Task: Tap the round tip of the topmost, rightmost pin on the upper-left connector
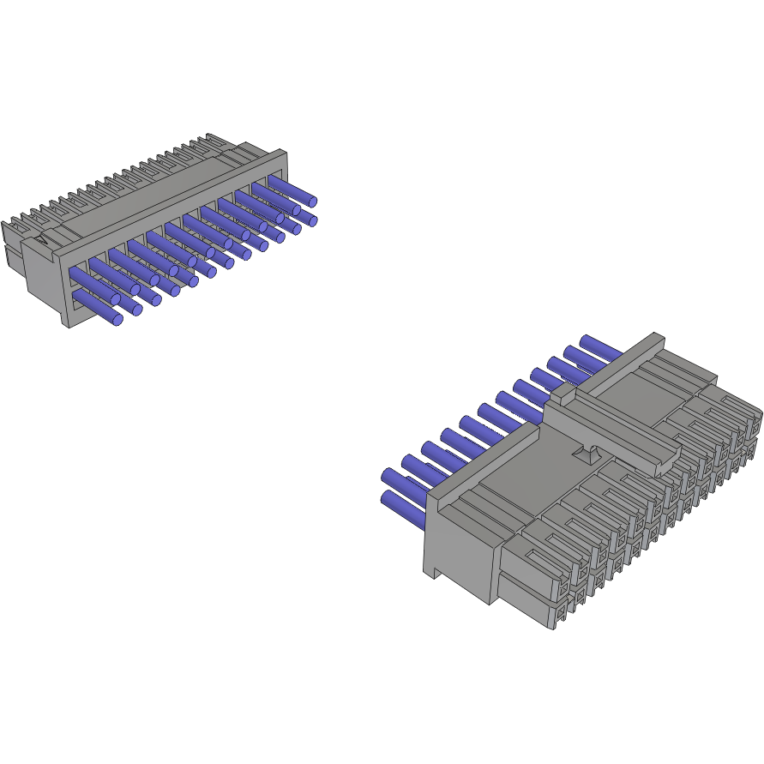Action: [x=312, y=202]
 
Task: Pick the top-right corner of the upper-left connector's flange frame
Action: [x=285, y=153]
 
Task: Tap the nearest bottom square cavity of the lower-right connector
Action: [x=560, y=612]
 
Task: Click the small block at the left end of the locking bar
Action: [x=561, y=395]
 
